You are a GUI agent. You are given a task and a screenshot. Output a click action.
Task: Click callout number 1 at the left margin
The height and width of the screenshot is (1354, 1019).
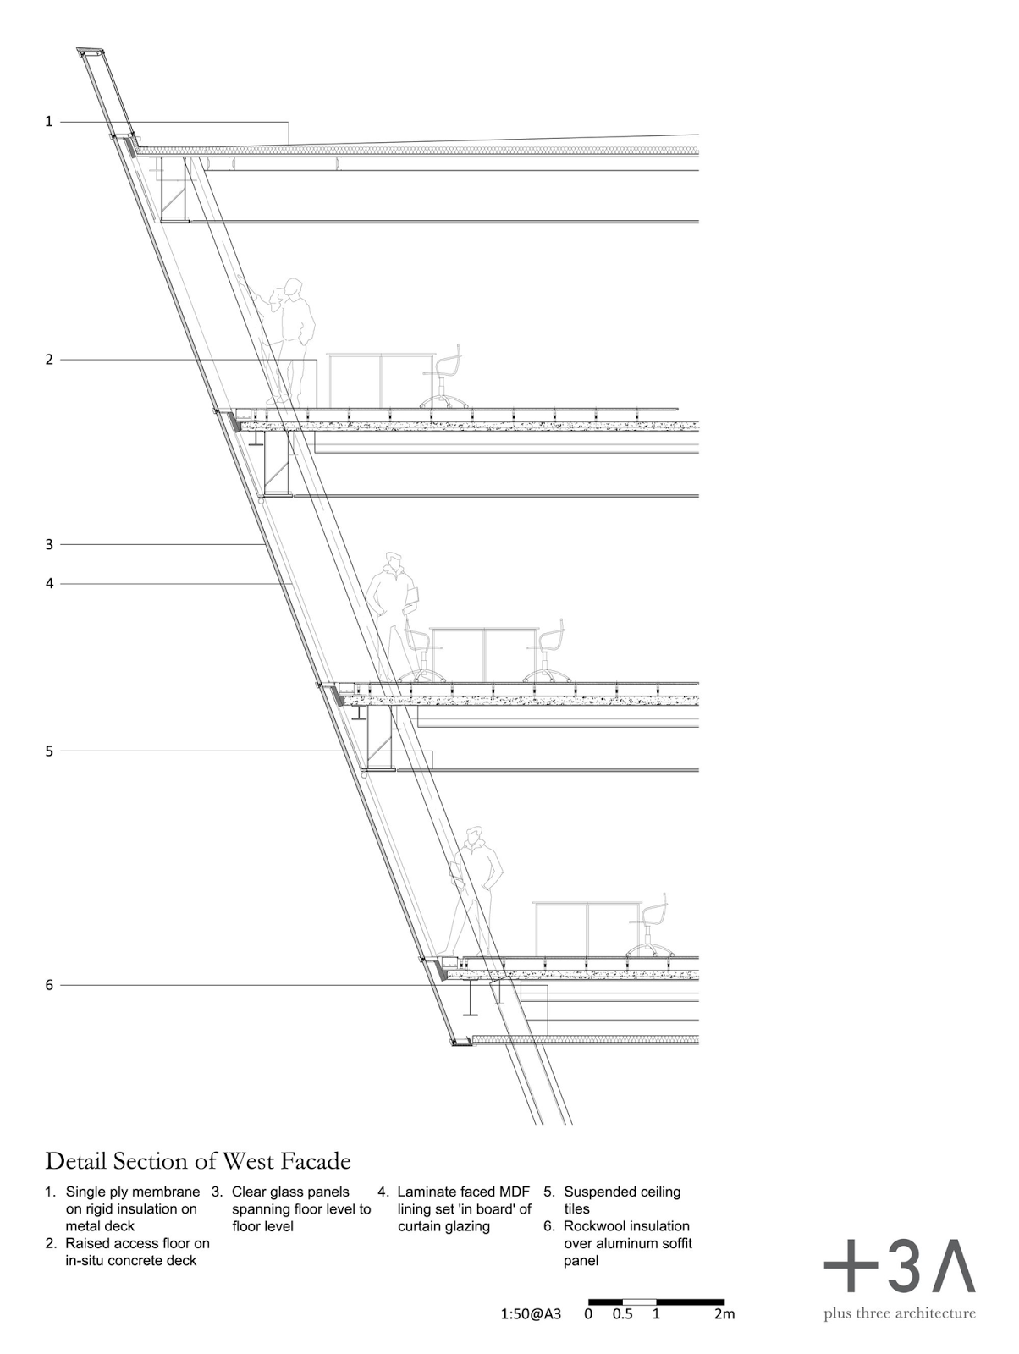pos(49,122)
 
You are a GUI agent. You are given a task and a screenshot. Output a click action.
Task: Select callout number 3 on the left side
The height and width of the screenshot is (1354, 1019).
pos(49,544)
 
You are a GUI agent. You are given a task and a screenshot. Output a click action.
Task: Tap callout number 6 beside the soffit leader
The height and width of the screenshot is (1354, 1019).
pos(49,985)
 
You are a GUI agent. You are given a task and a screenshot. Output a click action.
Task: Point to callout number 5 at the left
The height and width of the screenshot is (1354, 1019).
pos(49,751)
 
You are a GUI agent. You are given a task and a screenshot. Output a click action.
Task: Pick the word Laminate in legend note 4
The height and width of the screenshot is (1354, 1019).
pos(427,1192)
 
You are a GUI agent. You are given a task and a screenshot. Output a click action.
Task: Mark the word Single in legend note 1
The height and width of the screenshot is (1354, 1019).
pos(88,1192)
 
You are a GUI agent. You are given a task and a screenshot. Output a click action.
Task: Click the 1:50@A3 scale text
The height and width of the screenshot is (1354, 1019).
pos(530,1315)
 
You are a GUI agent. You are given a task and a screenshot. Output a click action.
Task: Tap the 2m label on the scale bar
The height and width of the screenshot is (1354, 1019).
pos(724,1315)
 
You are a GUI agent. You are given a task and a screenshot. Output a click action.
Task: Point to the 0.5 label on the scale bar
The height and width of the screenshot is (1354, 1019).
pos(623,1315)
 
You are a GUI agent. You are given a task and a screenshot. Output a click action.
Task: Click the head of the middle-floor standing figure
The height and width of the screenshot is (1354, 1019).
pos(392,562)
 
